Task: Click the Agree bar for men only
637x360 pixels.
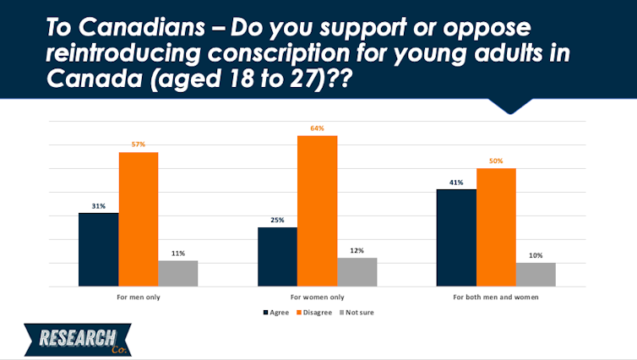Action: (x=99, y=249)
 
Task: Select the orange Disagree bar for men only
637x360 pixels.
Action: (x=139, y=219)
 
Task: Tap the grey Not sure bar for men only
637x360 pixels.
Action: (x=178, y=274)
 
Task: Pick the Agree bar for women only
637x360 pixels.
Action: (x=277, y=257)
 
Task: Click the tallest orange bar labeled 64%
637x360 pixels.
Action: (x=317, y=211)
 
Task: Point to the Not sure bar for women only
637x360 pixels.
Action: (x=357, y=272)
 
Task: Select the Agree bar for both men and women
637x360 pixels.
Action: (x=456, y=237)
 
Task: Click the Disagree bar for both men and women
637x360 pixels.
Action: (x=496, y=227)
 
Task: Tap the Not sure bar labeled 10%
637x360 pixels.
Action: (x=536, y=275)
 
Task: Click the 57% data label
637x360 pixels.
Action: (x=139, y=145)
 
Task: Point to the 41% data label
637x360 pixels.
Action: (x=456, y=182)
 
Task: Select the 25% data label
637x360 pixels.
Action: (x=277, y=220)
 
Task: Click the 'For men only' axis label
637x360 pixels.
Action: (x=139, y=297)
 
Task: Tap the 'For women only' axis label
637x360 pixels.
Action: (x=317, y=297)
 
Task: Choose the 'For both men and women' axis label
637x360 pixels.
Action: (x=496, y=297)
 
